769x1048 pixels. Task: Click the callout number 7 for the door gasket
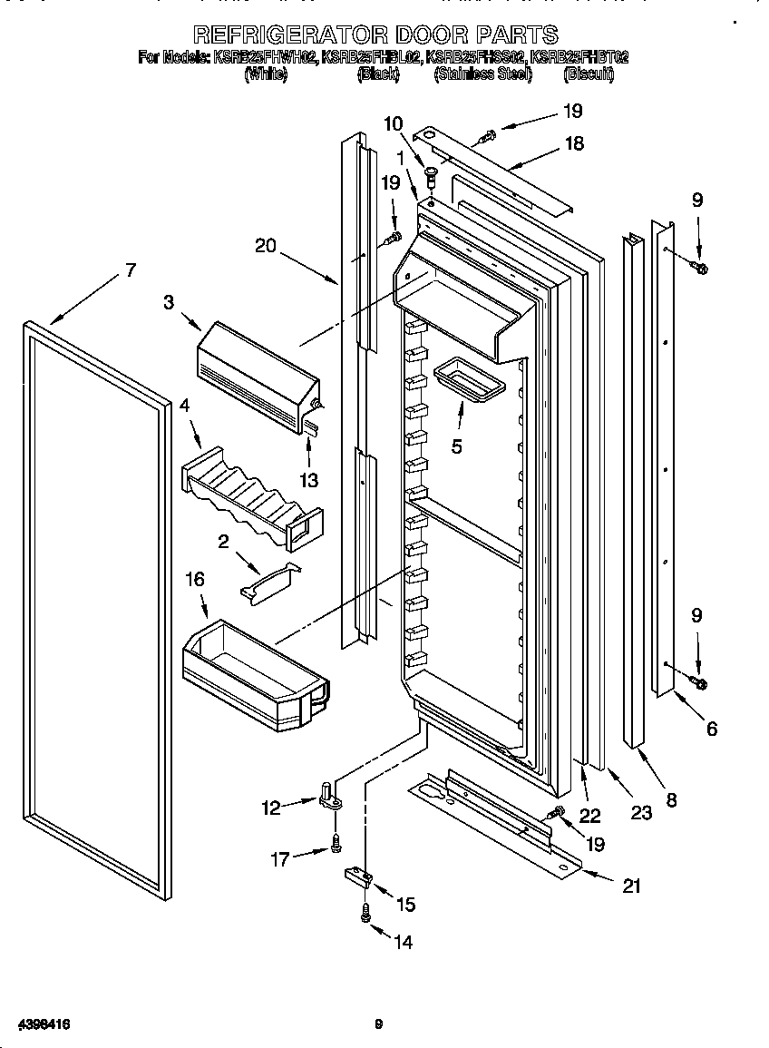click(x=131, y=269)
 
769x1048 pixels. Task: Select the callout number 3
click(x=170, y=302)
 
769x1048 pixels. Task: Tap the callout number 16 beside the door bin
click(x=195, y=579)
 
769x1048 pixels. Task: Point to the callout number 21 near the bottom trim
click(x=631, y=886)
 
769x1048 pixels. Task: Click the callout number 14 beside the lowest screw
click(x=403, y=943)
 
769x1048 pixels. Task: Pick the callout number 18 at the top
click(x=573, y=143)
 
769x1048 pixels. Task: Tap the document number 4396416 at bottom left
click(x=37, y=1024)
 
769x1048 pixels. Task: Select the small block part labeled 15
click(x=357, y=877)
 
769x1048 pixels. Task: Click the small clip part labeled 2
click(x=269, y=580)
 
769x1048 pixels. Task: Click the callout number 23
click(x=641, y=813)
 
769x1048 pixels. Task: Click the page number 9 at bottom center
click(x=378, y=1025)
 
